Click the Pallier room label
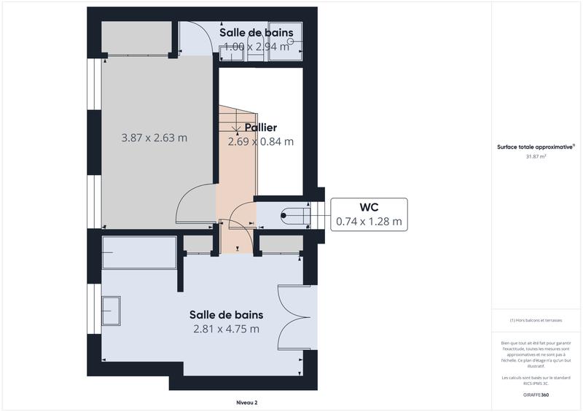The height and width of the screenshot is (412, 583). (261, 128)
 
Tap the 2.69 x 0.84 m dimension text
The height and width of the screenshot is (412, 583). (261, 141)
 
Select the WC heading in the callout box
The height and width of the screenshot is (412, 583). (368, 206)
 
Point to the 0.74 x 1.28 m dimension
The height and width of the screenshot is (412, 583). (369, 221)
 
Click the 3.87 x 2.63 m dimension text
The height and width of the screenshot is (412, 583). (154, 137)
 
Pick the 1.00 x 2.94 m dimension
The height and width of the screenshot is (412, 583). (257, 47)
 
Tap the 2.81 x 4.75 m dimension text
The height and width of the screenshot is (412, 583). (226, 329)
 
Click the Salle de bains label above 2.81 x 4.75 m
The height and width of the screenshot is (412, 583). (226, 315)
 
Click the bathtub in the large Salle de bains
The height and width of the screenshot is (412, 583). (138, 252)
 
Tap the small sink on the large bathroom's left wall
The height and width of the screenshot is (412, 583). (111, 311)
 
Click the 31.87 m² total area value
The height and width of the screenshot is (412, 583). (536, 155)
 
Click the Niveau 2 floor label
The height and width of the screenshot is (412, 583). (246, 402)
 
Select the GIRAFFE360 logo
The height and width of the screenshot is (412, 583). (536, 394)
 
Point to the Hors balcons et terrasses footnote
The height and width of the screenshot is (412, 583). (536, 320)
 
